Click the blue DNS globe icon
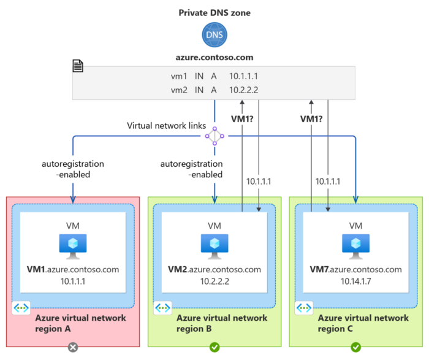point(214,35)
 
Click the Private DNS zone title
point(214,12)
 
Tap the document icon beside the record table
point(78,65)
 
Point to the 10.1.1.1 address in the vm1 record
point(245,77)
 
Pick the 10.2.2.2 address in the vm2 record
point(245,90)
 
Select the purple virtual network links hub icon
point(214,136)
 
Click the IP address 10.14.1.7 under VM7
point(355,281)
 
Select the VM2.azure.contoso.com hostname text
point(214,269)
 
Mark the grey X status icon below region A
point(74,347)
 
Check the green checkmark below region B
point(214,347)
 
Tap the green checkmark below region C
point(355,347)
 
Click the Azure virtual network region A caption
point(80,323)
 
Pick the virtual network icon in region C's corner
point(304,307)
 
